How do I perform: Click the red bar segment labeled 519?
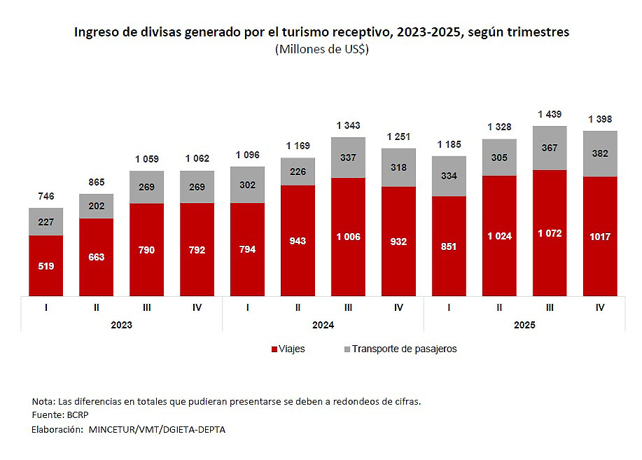click(46, 265)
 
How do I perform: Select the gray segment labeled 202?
click(96, 206)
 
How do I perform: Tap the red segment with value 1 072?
click(550, 232)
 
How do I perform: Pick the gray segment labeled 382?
click(600, 153)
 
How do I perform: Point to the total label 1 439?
click(550, 114)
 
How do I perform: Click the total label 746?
click(46, 196)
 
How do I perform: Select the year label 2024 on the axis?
click(323, 326)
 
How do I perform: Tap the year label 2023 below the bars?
click(121, 326)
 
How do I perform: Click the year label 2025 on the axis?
click(524, 326)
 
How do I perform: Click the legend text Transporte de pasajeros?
click(404, 349)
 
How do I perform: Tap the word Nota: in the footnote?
click(43, 401)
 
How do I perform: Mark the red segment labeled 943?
click(298, 241)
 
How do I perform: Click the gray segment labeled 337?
click(348, 158)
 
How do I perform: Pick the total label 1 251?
click(398, 137)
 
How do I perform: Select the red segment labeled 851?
click(449, 246)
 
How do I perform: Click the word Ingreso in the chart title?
click(97, 32)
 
